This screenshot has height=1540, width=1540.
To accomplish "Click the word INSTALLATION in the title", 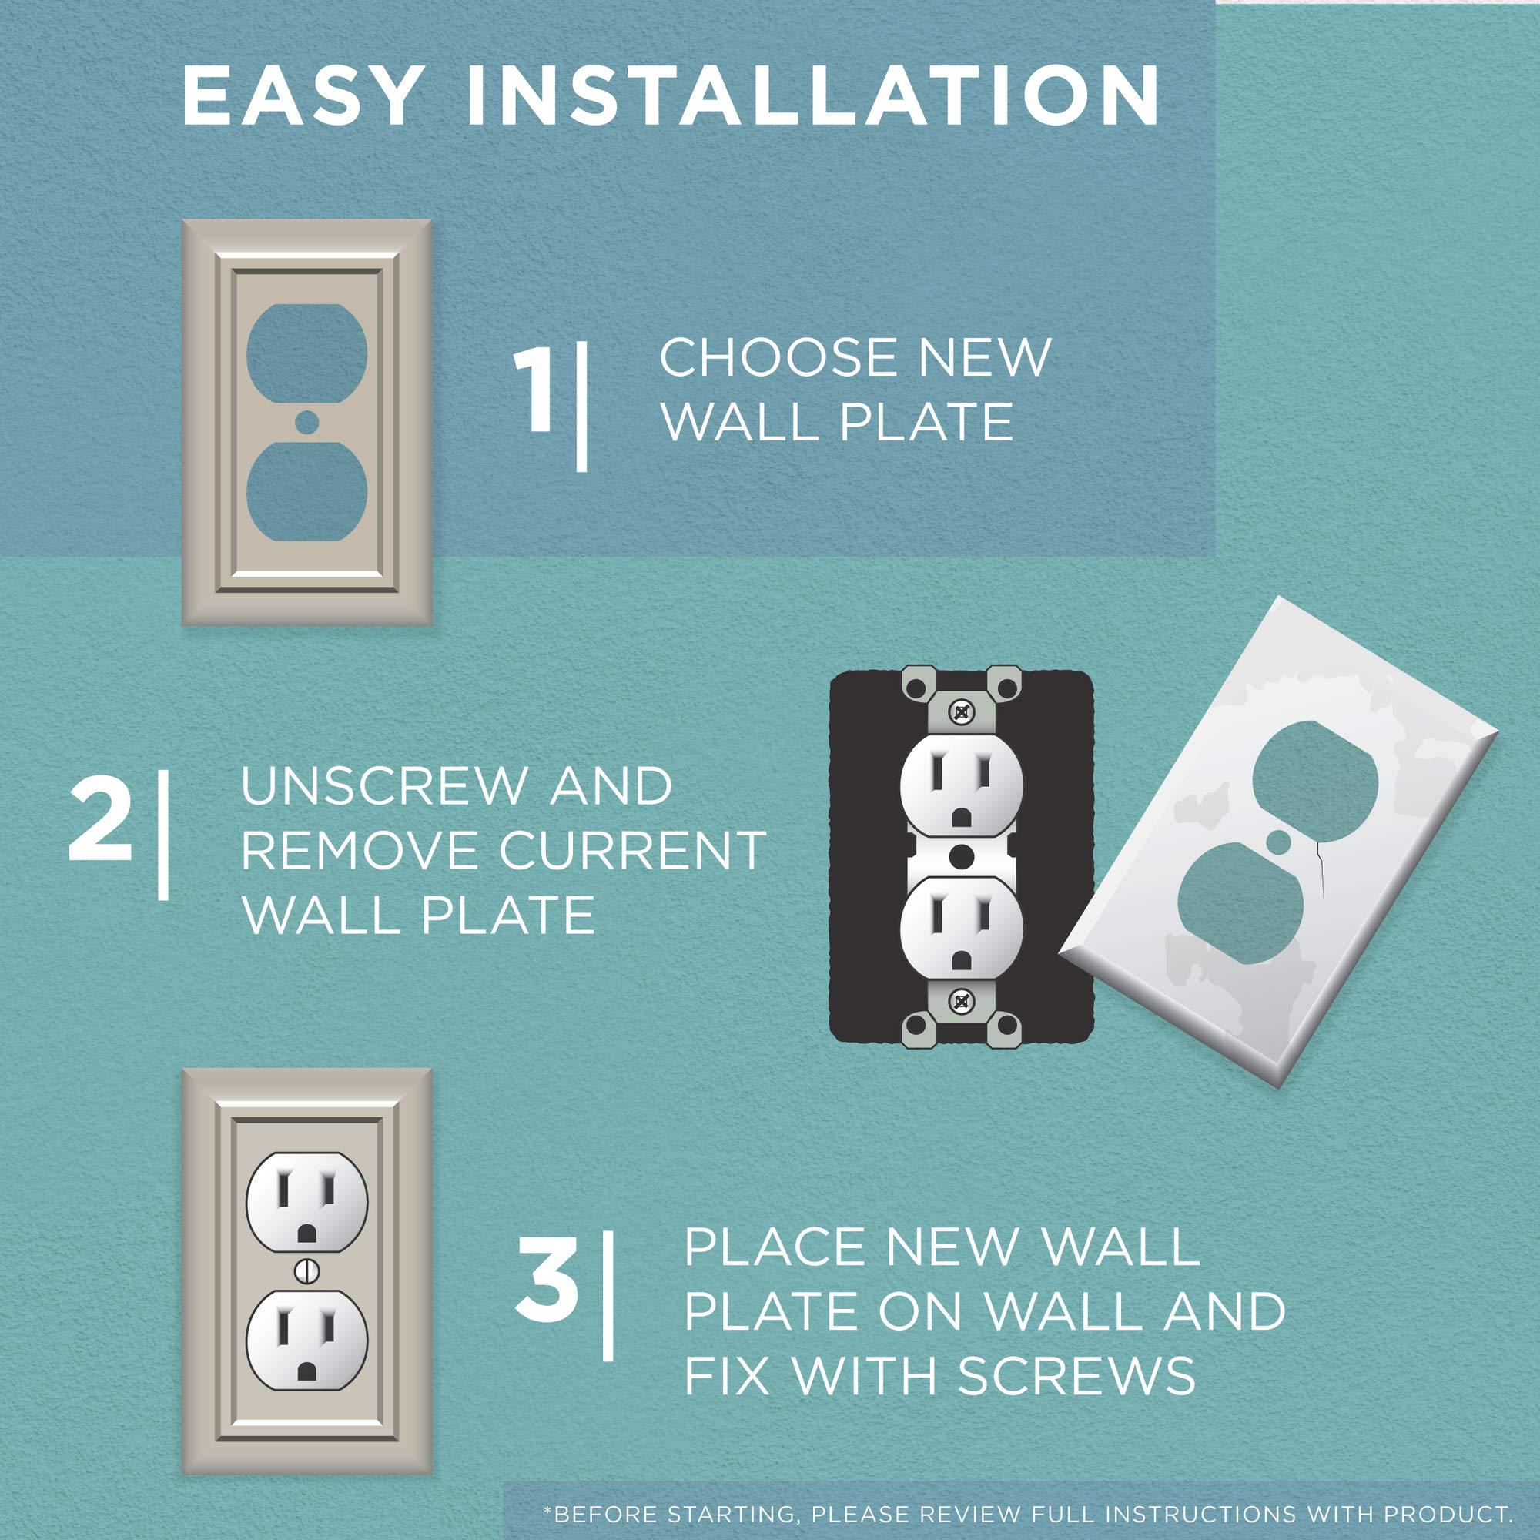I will [x=813, y=97].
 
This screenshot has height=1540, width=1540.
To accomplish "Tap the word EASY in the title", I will [x=300, y=97].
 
